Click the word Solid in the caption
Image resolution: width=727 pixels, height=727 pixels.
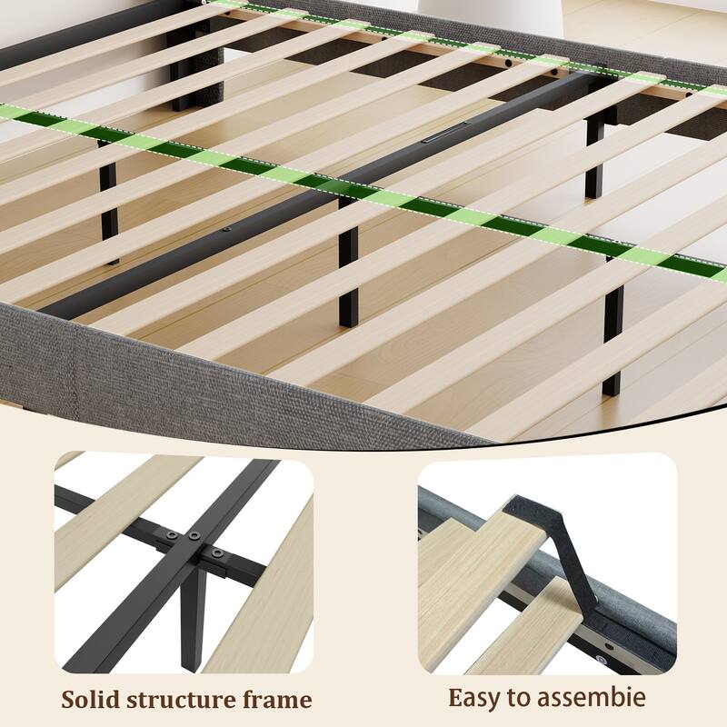coord(89,699)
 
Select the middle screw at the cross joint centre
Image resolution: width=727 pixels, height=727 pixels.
coord(194,535)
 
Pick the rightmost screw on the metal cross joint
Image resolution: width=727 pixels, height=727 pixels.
coord(216,553)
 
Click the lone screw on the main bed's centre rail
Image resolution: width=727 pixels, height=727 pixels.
coord(226,229)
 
